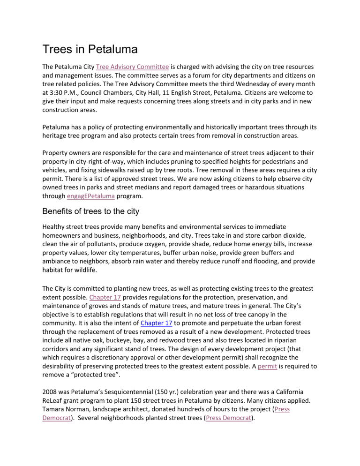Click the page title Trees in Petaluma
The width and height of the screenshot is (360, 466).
(x=93, y=49)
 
